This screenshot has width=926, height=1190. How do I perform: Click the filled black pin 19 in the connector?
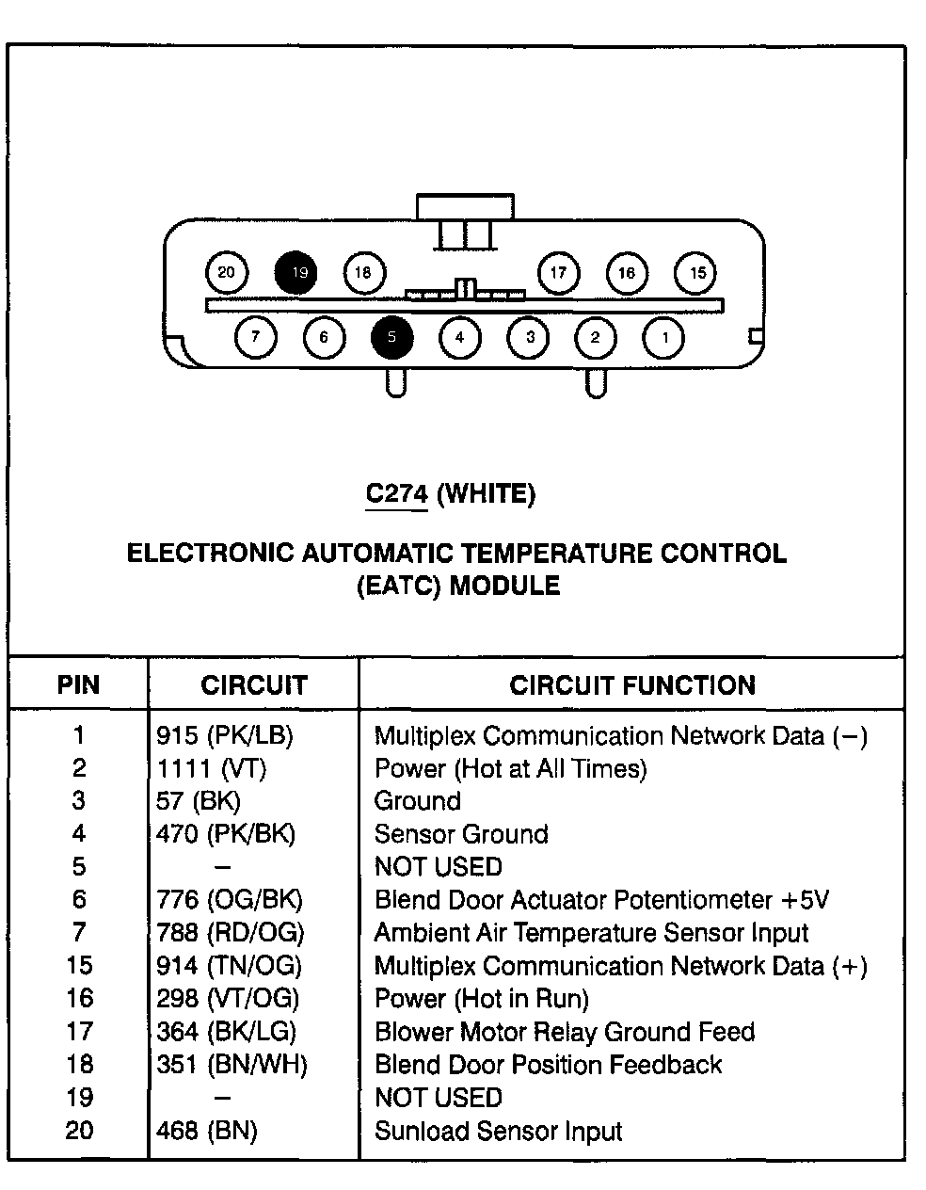point(295,273)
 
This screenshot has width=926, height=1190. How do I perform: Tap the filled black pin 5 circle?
point(392,337)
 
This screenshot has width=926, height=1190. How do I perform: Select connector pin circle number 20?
point(226,273)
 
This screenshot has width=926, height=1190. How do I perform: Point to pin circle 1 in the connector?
point(664,337)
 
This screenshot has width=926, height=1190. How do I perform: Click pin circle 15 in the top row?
point(696,273)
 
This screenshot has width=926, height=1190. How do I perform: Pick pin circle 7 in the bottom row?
point(256,337)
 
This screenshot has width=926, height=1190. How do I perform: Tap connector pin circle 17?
point(558,273)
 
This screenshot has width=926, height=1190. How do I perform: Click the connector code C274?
point(397,493)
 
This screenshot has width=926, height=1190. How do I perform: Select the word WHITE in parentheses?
point(487,493)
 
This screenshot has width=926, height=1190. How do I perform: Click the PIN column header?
point(78,684)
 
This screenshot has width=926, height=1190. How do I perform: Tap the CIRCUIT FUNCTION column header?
point(632,684)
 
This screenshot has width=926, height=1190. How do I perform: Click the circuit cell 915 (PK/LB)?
point(225,735)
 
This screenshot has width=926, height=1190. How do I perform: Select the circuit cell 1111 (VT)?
point(212,768)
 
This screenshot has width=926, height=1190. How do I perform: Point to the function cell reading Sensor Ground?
point(461,834)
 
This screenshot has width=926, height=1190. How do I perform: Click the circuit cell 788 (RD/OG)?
point(231,933)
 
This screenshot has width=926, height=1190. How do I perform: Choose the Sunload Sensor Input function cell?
point(498,1131)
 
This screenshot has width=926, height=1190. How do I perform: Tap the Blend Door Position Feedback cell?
point(548,1065)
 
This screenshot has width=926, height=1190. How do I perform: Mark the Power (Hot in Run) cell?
point(482,999)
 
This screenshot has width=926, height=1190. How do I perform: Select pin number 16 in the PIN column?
point(79,999)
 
